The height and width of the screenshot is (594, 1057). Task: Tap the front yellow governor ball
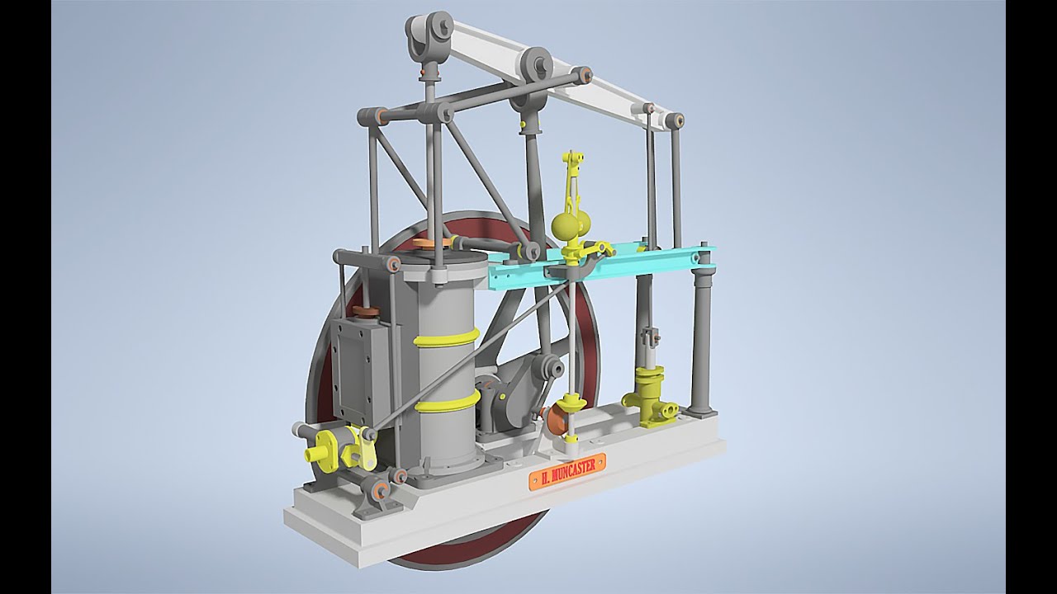point(563,229)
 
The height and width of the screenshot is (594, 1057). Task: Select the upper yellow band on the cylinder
point(447,338)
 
